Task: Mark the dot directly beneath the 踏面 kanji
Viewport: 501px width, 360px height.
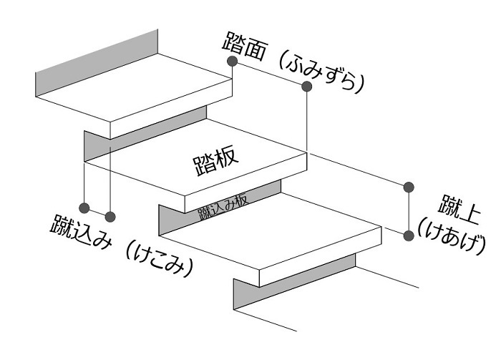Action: tap(233, 62)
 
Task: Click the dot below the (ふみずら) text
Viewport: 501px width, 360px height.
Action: tap(306, 87)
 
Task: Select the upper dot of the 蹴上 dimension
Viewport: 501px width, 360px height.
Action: tap(409, 188)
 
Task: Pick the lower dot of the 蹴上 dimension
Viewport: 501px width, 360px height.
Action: tap(409, 235)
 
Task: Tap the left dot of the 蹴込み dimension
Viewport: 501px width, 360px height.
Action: tap(84, 208)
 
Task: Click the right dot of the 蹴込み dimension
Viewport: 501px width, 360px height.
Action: tap(110, 215)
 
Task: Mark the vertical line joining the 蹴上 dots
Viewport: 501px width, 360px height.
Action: tap(409, 211)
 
